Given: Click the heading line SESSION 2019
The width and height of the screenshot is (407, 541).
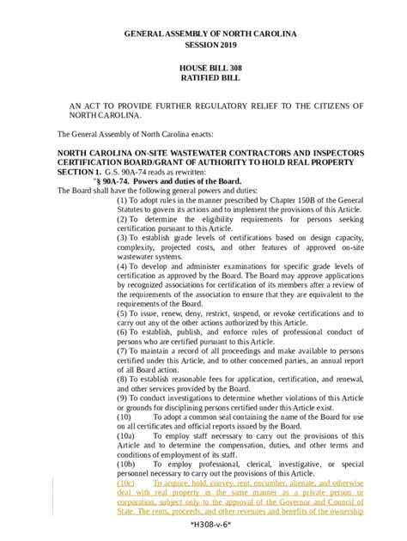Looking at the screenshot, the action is pyautogui.click(x=203, y=44).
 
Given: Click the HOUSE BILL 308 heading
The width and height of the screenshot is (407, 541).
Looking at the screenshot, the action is pyautogui.click(x=203, y=66).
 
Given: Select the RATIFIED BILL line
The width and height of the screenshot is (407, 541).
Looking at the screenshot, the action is pyautogui.click(x=203, y=77).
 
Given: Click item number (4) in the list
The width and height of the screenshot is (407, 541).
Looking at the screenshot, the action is pyautogui.click(x=122, y=266).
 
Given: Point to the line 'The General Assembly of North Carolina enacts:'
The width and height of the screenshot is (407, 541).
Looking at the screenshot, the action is pyautogui.click(x=139, y=134).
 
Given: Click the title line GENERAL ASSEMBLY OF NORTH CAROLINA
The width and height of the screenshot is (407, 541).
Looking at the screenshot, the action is pyautogui.click(x=203, y=33).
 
